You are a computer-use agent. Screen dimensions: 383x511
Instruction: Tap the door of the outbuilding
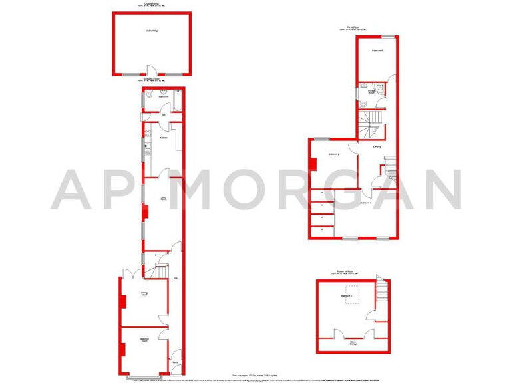click(x=152, y=71)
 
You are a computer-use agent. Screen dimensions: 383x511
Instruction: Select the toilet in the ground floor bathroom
click(x=150, y=95)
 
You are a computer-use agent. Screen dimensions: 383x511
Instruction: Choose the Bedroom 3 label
click(x=377, y=51)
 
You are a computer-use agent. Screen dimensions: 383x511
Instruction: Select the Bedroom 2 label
click(x=334, y=155)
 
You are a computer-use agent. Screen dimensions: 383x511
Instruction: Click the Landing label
click(x=377, y=146)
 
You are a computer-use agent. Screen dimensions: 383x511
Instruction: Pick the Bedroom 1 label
click(x=365, y=202)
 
